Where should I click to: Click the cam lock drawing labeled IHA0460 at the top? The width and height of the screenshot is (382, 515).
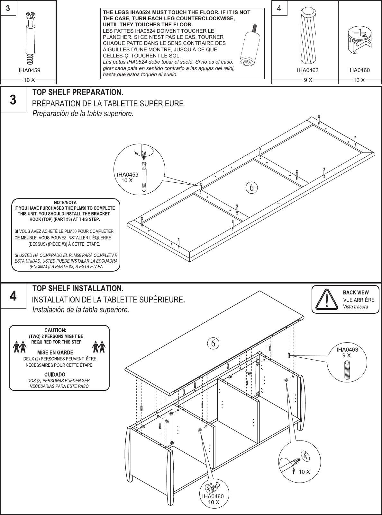tap(360, 40)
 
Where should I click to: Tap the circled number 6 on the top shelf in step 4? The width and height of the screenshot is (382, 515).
tap(213, 343)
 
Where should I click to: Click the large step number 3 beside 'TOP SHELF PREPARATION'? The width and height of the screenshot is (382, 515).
tap(13, 100)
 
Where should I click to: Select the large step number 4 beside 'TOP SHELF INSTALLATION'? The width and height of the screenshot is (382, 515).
tap(13, 296)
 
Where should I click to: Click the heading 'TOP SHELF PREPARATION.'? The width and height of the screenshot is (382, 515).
tap(78, 93)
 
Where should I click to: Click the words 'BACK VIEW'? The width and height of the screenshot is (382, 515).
tap(356, 292)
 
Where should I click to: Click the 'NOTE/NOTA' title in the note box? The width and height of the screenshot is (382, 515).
tap(65, 203)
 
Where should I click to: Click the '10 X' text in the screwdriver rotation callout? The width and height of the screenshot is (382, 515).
tap(304, 472)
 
